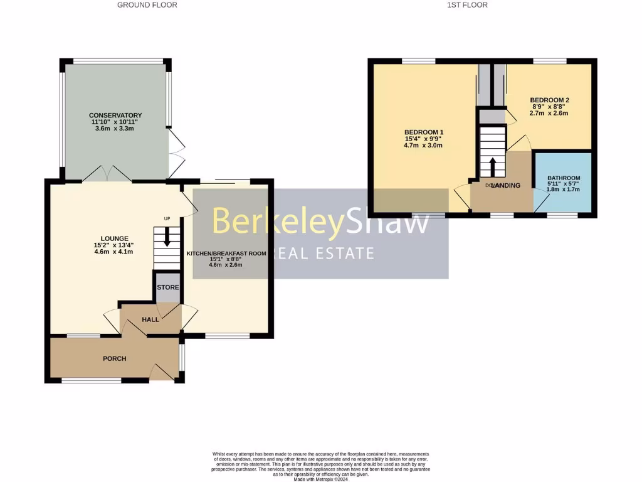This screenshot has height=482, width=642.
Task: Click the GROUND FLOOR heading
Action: tap(147, 5)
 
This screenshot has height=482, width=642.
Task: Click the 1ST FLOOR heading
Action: tap(467, 5)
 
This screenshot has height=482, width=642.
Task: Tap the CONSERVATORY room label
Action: tap(115, 115)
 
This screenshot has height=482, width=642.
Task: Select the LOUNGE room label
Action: tap(113, 238)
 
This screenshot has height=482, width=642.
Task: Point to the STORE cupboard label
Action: tap(167, 287)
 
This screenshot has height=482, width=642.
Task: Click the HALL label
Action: tap(150, 319)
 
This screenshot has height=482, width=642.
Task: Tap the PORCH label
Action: tap(115, 359)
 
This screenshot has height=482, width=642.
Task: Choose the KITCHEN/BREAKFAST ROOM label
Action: tap(226, 254)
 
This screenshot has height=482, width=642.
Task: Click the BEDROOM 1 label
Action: tap(424, 132)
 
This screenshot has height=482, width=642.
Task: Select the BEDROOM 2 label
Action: tap(549, 100)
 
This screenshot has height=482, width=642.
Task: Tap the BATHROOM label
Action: tap(564, 178)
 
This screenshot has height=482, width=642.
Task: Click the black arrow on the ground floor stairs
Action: tap(167, 237)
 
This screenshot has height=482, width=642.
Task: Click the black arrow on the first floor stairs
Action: tap(492, 167)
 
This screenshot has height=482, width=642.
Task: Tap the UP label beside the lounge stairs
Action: tap(167, 218)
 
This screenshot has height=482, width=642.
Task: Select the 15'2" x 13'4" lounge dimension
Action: tap(113, 245)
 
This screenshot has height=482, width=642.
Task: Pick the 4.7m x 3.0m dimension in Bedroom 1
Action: tap(424, 146)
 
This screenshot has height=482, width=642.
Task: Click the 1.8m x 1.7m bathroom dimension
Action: tap(564, 190)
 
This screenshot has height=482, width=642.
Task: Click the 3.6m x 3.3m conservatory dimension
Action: tap(115, 128)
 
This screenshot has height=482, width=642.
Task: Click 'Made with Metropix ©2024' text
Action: tap(320, 479)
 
